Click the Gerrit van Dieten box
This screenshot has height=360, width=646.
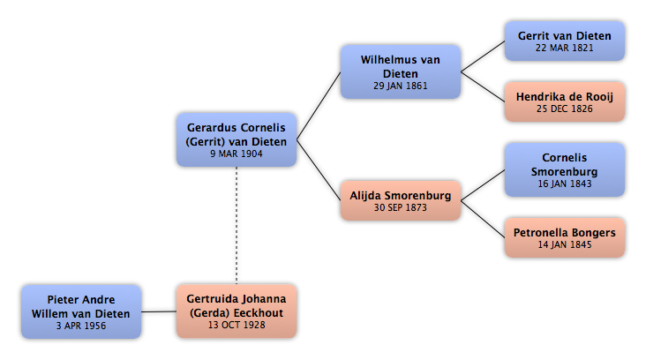tap(565, 41)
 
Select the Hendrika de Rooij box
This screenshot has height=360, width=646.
tap(565, 101)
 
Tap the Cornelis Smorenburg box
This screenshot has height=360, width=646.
tap(565, 169)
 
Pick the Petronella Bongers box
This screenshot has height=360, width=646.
tap(565, 237)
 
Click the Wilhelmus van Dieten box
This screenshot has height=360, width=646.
tap(401, 71)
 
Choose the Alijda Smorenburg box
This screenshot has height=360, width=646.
tap(401, 200)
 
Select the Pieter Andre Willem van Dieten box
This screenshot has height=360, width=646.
tap(81, 311)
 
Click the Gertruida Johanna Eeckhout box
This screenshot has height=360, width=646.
tap(237, 311)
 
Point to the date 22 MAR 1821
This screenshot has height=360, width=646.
tap(565, 49)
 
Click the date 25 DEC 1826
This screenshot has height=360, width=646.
tap(565, 109)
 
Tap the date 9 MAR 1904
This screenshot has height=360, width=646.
tap(237, 154)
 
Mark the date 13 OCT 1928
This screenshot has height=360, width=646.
tap(237, 325)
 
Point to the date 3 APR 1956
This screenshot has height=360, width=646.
tap(81, 326)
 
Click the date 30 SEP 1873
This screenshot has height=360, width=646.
tap(401, 207)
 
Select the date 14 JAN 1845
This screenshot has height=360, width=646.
tap(565, 244)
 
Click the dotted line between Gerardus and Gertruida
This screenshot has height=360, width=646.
tap(237, 225)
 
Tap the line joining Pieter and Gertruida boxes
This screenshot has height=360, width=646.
tap(159, 311)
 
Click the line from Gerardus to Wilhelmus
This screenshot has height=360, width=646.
tap(319, 106)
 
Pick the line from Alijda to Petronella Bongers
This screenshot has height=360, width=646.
tap(483, 219)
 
